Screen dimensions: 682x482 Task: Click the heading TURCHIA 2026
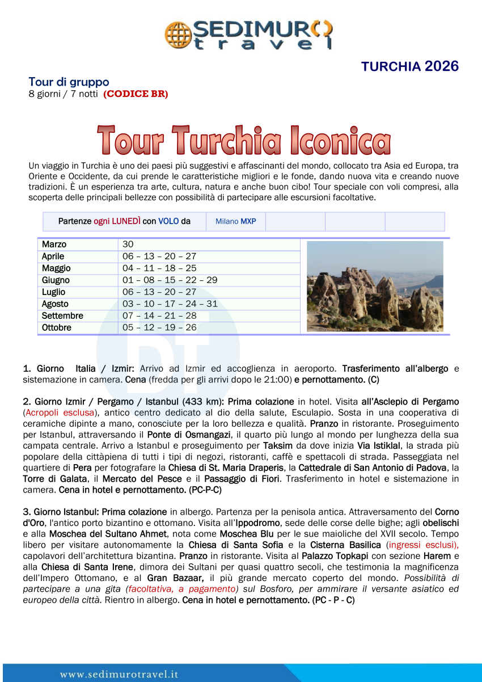(409, 66)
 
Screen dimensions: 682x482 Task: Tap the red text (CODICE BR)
(136, 94)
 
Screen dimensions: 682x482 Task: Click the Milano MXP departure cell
(235, 221)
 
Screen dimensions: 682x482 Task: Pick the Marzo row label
(54, 245)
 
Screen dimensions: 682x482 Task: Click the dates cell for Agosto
(170, 304)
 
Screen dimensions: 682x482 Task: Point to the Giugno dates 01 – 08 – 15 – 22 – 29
(170, 280)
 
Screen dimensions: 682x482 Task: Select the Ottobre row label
(57, 328)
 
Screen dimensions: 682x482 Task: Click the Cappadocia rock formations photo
(375, 286)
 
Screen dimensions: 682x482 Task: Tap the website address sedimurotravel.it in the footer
(119, 675)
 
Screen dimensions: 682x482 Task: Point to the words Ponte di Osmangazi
(197, 434)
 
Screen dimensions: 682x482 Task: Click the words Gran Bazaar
(173, 576)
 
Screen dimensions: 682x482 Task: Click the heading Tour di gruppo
(69, 82)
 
